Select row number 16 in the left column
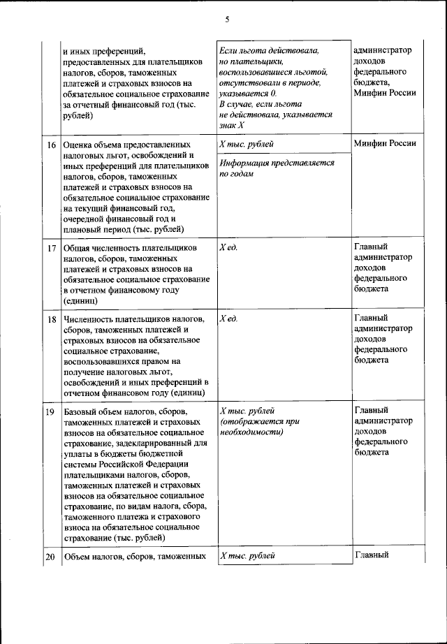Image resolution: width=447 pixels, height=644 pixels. pos(51,145)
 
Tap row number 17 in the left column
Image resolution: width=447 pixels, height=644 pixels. pos(51,248)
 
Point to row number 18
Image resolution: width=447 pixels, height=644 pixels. pos(51,319)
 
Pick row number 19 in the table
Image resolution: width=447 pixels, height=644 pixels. pos(50,411)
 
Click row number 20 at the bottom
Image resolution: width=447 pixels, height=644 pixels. pos(50,557)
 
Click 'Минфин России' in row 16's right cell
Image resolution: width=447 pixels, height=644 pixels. pos(385,144)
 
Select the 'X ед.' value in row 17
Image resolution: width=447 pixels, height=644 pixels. pos(228,248)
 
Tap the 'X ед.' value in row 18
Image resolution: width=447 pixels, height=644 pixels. pos(228,319)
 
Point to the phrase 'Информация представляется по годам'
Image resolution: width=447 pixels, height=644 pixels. pos(277,169)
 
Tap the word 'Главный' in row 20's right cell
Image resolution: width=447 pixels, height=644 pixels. pos(371,556)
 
